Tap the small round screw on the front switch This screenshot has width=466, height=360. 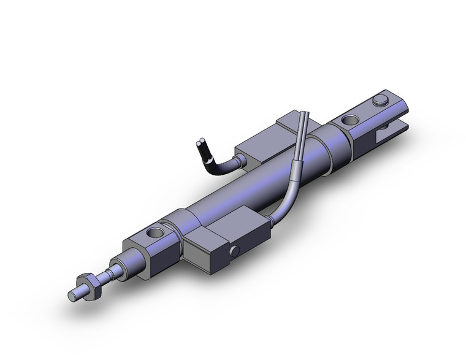(235, 251)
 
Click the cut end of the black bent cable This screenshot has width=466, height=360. (201, 144)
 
